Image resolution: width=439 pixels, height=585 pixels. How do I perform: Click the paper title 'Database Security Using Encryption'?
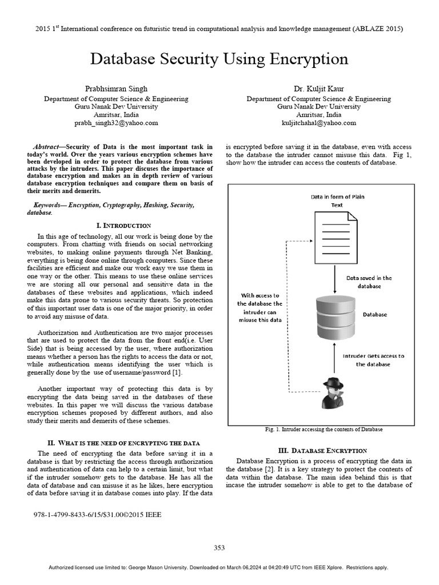pos(219,59)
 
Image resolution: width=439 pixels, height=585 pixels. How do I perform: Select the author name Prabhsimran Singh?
pos(116,89)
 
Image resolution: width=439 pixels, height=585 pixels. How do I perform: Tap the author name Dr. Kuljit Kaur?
pos(318,89)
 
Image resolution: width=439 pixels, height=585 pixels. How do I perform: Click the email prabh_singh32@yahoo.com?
pos(116,122)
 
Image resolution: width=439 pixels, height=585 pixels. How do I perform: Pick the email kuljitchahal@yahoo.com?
pos(318,122)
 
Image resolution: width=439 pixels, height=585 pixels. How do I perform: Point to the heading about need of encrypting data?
pos(123,443)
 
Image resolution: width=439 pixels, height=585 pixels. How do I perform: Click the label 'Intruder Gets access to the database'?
pos(373,359)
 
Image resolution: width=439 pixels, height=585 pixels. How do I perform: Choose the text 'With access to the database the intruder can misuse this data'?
pos(260,308)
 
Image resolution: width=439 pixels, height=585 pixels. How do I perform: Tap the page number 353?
pos(219,547)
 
